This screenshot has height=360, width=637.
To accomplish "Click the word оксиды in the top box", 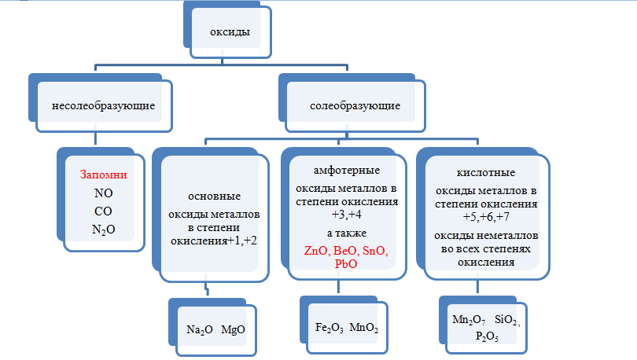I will coord(229,32).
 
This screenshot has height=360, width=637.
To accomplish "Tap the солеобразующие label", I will coord(355,105).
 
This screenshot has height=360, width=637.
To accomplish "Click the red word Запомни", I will coord(104,174).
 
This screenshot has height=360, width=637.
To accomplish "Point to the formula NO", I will coord(103,193).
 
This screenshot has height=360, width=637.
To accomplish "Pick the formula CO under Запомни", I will coord(103,210).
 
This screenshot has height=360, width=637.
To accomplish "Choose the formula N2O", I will coord(104,228).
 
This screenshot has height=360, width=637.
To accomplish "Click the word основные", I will coord(215,196).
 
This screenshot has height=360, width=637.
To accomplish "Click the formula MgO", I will coord(234,329).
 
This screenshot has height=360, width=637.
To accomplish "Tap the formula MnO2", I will coord(363,326).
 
